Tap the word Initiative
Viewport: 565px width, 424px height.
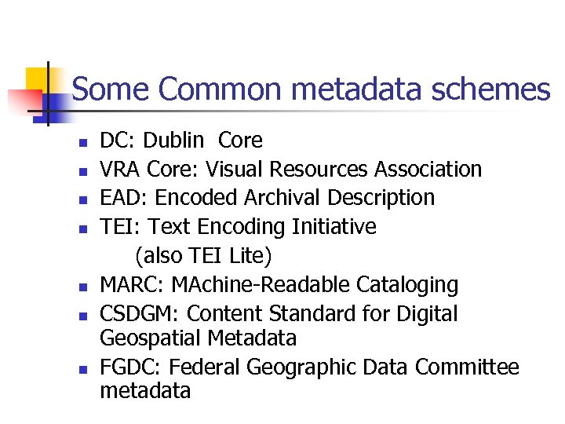point(334,227)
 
